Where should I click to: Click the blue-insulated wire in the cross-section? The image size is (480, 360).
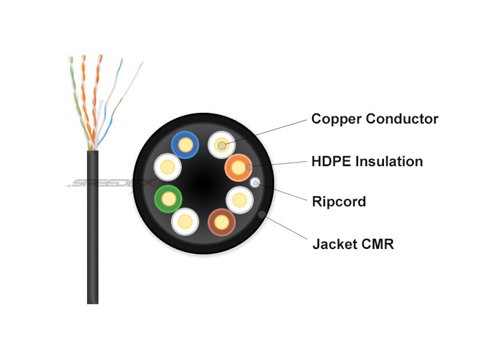click(184, 145)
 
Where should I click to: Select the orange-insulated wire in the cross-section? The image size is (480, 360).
click(238, 168)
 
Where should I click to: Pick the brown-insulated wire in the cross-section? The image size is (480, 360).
click(221, 223)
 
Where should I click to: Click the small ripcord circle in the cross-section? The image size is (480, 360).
click(255, 182)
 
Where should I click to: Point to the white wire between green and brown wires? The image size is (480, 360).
click(185, 221)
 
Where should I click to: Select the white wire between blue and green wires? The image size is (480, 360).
click(167, 167)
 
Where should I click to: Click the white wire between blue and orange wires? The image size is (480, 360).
click(221, 145)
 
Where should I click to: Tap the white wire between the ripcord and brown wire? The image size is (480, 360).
click(239, 199)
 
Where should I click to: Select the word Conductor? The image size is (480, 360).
click(403, 119)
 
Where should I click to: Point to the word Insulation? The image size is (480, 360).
click(390, 161)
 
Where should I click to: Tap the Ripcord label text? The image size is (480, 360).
click(338, 202)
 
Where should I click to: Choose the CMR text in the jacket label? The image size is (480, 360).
click(377, 244)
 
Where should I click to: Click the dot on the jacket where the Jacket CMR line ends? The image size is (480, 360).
click(261, 214)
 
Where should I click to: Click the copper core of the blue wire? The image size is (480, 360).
click(184, 145)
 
